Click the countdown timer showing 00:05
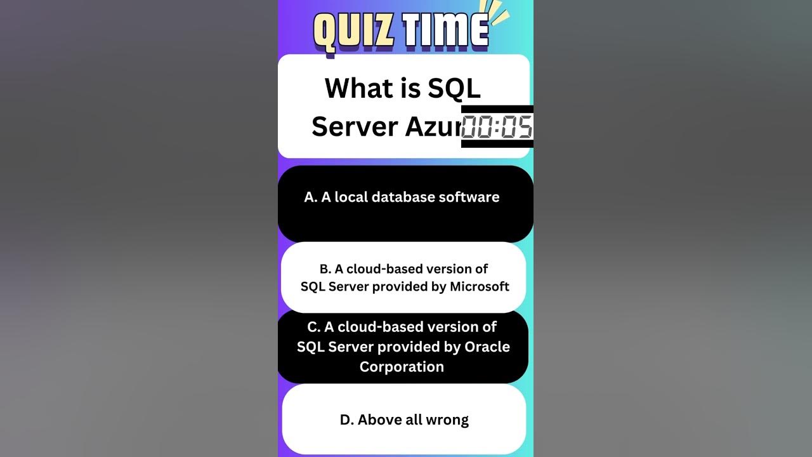[497, 127]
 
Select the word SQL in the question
[454, 88]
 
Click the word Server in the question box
[354, 126]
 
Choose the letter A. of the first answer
[310, 197]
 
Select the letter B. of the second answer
[325, 269]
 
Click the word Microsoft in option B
[480, 287]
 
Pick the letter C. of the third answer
[313, 327]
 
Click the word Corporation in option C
[402, 367]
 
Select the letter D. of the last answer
[346, 420]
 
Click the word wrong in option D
[449, 420]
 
